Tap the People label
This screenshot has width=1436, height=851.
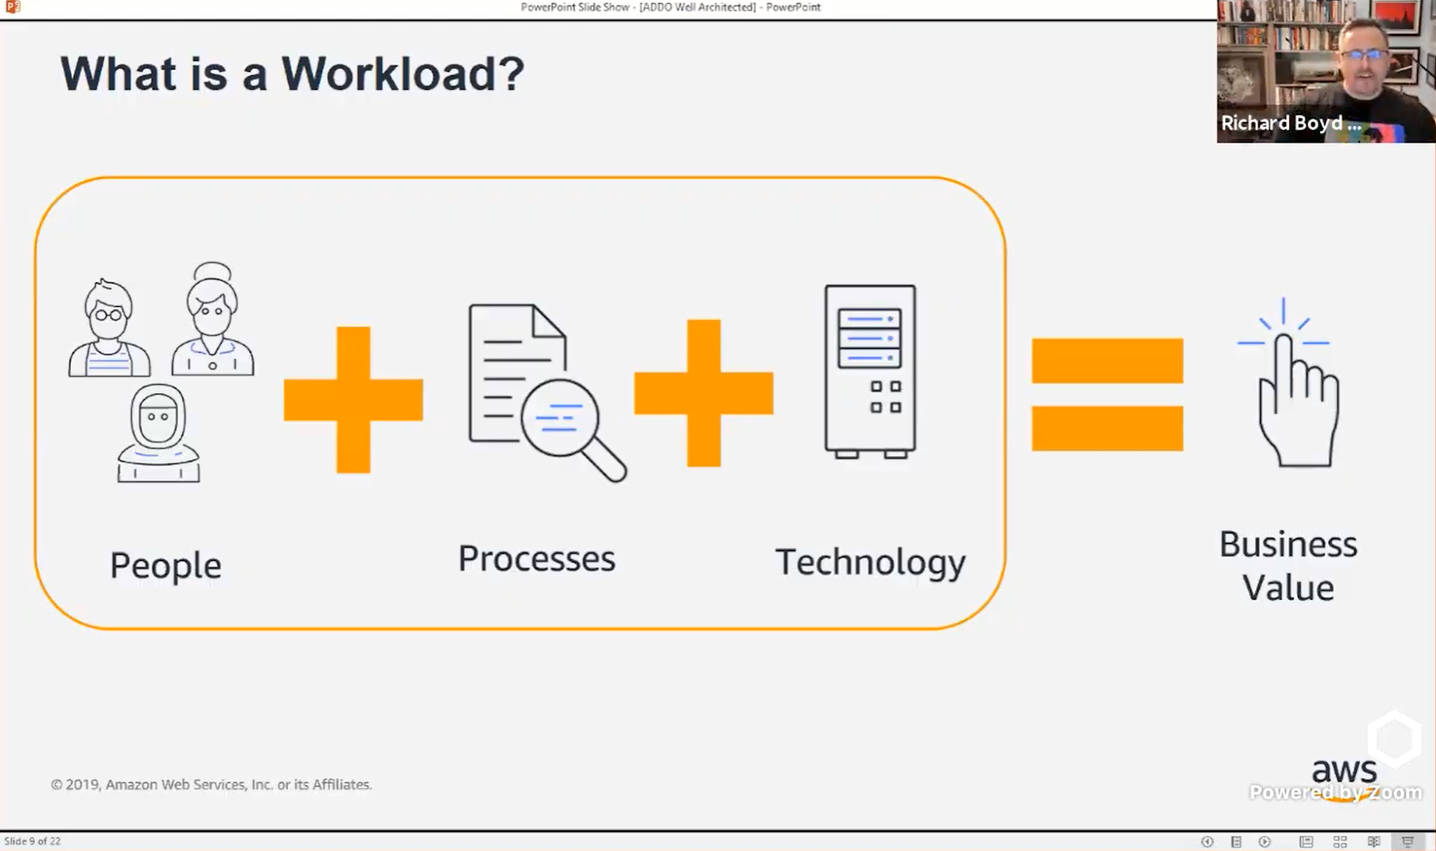[x=165, y=566]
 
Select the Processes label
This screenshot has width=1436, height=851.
[x=537, y=558]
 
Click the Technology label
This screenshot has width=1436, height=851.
[x=870, y=563]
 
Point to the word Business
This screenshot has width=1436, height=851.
[x=1288, y=544]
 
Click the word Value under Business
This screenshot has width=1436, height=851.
[x=1288, y=589]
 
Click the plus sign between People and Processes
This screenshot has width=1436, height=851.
[x=353, y=399]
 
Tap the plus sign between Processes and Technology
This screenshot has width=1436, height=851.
[x=704, y=393]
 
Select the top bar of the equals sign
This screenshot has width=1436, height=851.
[x=1108, y=360]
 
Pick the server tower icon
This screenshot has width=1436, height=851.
[x=870, y=371]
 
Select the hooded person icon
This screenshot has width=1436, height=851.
[x=158, y=434]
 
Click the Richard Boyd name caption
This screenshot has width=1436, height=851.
[x=1290, y=124]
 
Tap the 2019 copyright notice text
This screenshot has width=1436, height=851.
[x=211, y=785]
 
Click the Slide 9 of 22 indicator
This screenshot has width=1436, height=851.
[x=33, y=841]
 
